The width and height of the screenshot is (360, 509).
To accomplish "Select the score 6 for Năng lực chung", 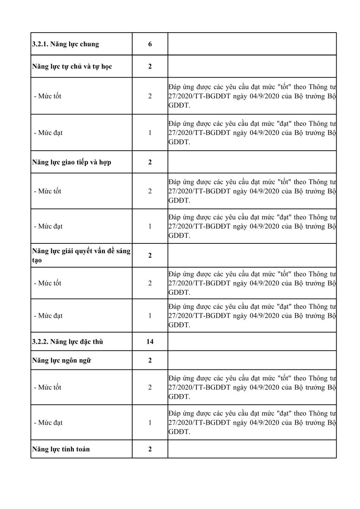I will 150,44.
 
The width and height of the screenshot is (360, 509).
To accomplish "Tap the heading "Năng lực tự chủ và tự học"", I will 72,66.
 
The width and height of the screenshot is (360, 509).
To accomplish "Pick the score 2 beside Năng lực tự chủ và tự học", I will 150,66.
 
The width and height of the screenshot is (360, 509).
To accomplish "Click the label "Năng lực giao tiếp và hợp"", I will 72,162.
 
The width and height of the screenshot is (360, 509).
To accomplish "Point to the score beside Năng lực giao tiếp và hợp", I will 150,162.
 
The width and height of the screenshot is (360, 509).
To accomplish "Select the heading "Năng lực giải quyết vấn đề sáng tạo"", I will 81,255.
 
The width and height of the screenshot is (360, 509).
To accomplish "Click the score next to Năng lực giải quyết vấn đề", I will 150,255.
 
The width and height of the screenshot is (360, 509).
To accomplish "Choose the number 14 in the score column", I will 150,341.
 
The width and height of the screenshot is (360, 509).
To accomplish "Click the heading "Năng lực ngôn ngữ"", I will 61,361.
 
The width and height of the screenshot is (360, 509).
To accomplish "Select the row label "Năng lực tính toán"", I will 61,449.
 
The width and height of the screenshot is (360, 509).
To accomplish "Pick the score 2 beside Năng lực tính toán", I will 150,449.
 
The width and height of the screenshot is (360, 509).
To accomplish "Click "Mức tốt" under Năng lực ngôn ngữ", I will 47,387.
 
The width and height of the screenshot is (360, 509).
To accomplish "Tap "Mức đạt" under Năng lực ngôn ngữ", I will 48,422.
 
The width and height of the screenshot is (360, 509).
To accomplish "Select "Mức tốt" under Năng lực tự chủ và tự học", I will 47,96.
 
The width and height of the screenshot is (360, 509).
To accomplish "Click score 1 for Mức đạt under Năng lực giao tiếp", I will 150,226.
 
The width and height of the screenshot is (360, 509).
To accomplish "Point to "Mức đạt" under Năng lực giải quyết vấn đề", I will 48,316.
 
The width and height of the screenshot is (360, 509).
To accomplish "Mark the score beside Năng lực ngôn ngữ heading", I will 150,361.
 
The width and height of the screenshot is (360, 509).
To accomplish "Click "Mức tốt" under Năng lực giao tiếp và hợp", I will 47,191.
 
